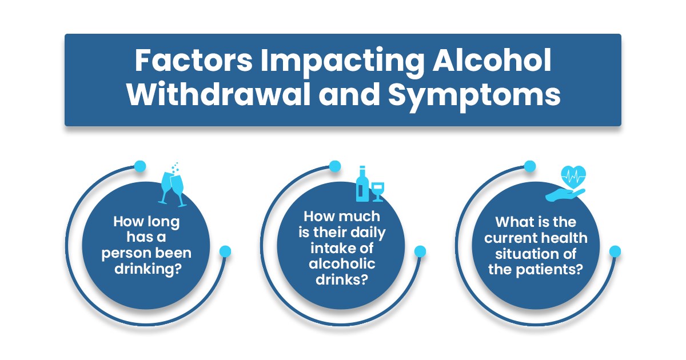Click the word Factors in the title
194,61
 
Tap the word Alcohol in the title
492,59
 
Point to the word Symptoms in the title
474,96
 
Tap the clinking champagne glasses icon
173,189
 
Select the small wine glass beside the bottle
378,192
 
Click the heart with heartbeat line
573,177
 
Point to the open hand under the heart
565,195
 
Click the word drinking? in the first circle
148,270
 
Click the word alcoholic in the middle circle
342,263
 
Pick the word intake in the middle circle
329,248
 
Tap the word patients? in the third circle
549,270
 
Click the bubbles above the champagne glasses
176,168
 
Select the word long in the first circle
163,222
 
